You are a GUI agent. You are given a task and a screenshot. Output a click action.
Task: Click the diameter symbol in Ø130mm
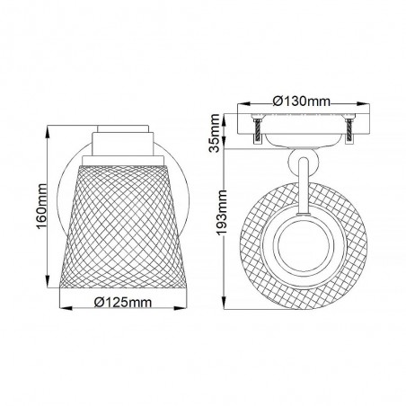tap(274, 101)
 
